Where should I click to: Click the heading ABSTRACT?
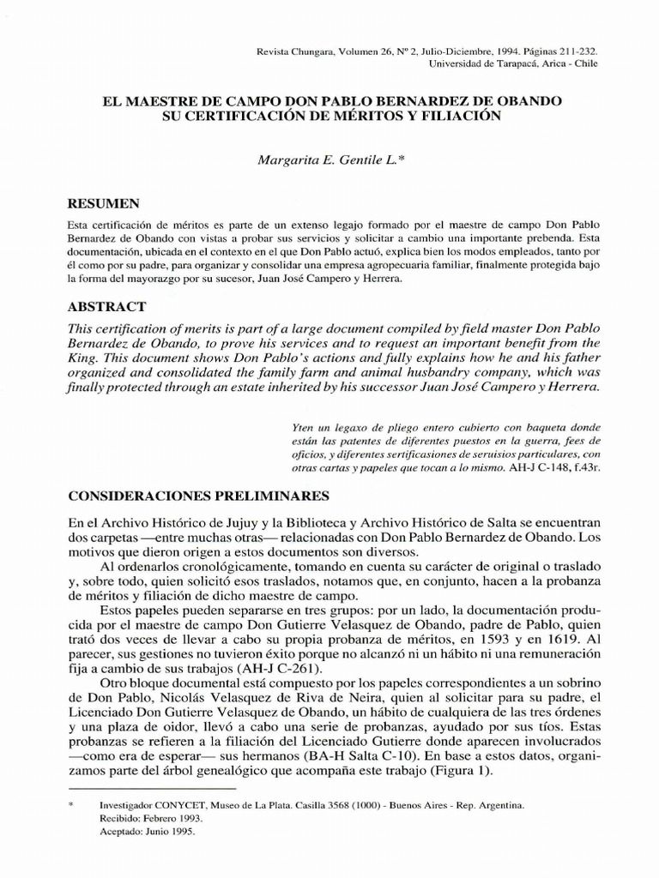tap(106, 306)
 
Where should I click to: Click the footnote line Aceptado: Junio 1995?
tap(147, 832)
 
